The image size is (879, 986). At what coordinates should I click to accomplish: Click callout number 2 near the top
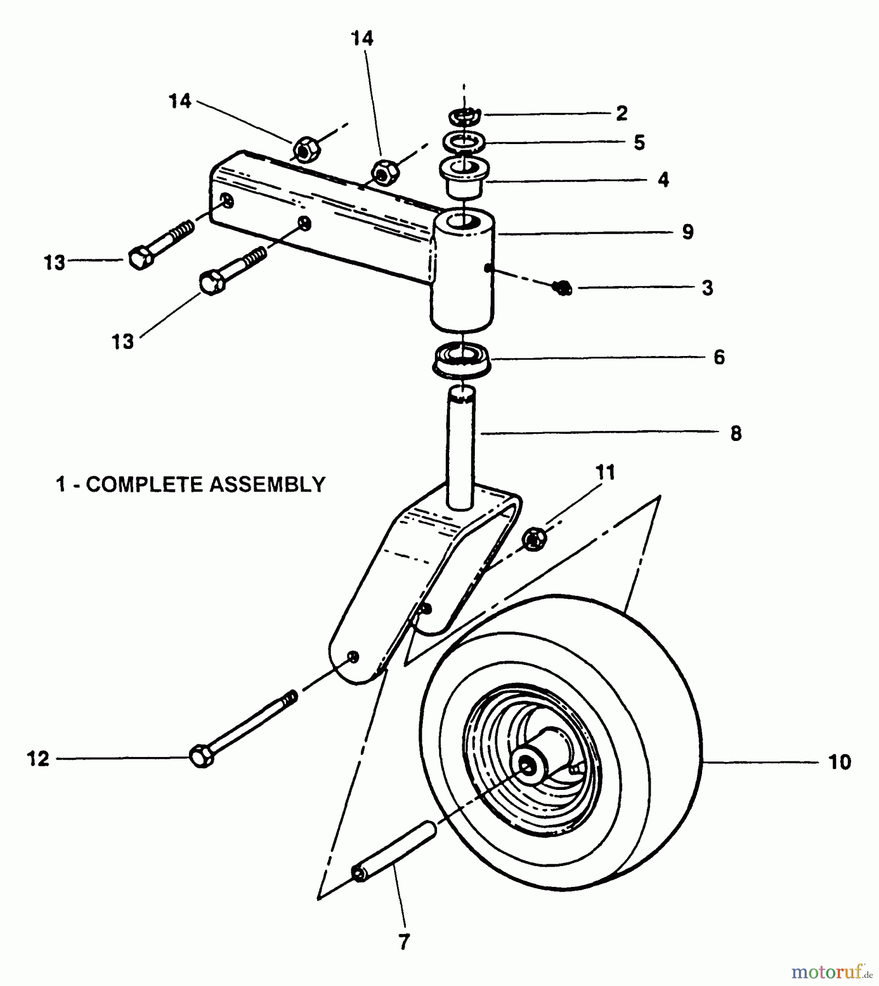point(621,113)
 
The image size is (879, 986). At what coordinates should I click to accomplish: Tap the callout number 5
point(639,142)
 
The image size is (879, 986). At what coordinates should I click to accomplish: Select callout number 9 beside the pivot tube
point(688,232)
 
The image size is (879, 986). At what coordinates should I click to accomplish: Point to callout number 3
point(707,288)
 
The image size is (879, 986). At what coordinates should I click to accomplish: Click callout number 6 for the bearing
point(719,357)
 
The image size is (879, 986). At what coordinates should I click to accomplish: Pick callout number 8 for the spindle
point(736,433)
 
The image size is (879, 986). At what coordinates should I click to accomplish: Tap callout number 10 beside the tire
point(840,762)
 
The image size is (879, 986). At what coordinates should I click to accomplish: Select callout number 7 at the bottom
point(404,942)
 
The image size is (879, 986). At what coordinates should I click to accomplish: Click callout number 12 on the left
point(38,759)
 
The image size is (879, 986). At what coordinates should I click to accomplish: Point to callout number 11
point(605,472)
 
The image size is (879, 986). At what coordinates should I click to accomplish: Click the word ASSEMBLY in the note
point(268,484)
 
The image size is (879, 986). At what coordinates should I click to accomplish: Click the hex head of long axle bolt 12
point(202,757)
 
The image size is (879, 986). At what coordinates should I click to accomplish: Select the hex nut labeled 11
point(535,540)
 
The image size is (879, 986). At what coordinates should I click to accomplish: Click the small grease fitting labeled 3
point(562,287)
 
